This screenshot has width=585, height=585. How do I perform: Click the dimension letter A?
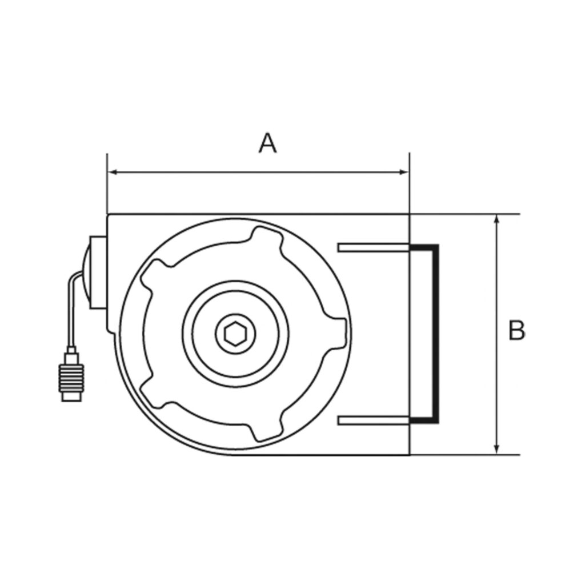coord(267,143)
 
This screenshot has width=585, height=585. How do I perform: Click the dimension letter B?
coord(516,331)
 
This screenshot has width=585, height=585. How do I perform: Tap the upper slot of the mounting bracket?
coord(374,247)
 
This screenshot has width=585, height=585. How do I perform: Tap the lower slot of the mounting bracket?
coord(374,420)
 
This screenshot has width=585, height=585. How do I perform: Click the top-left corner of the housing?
coord(108,215)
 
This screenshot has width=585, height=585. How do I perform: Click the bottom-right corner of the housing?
coord(410,455)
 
